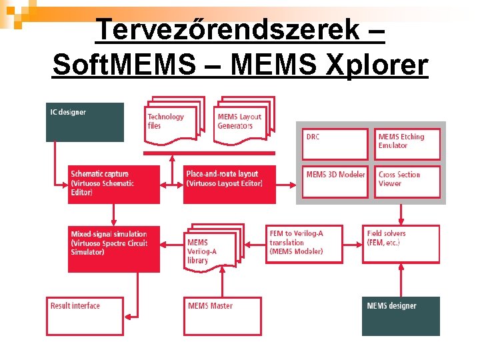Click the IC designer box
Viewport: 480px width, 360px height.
coord(85,122)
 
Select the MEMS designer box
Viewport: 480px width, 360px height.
coord(401,316)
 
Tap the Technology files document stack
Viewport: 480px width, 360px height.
coord(172,123)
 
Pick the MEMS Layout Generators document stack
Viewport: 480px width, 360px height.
coord(241,121)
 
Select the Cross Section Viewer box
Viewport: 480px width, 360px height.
coord(407,181)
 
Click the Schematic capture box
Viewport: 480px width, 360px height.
coord(114,185)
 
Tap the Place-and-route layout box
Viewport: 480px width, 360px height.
coord(229,185)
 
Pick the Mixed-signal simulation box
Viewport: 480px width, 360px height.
coord(114,249)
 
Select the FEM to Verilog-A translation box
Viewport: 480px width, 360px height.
coord(305,244)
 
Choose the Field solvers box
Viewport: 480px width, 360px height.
coord(401,244)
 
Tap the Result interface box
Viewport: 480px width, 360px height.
coord(85,315)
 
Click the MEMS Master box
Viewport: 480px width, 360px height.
coord(223,315)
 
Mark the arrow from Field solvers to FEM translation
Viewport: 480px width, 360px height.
coord(353,244)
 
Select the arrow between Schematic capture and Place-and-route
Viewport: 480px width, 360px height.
coord(172,185)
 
